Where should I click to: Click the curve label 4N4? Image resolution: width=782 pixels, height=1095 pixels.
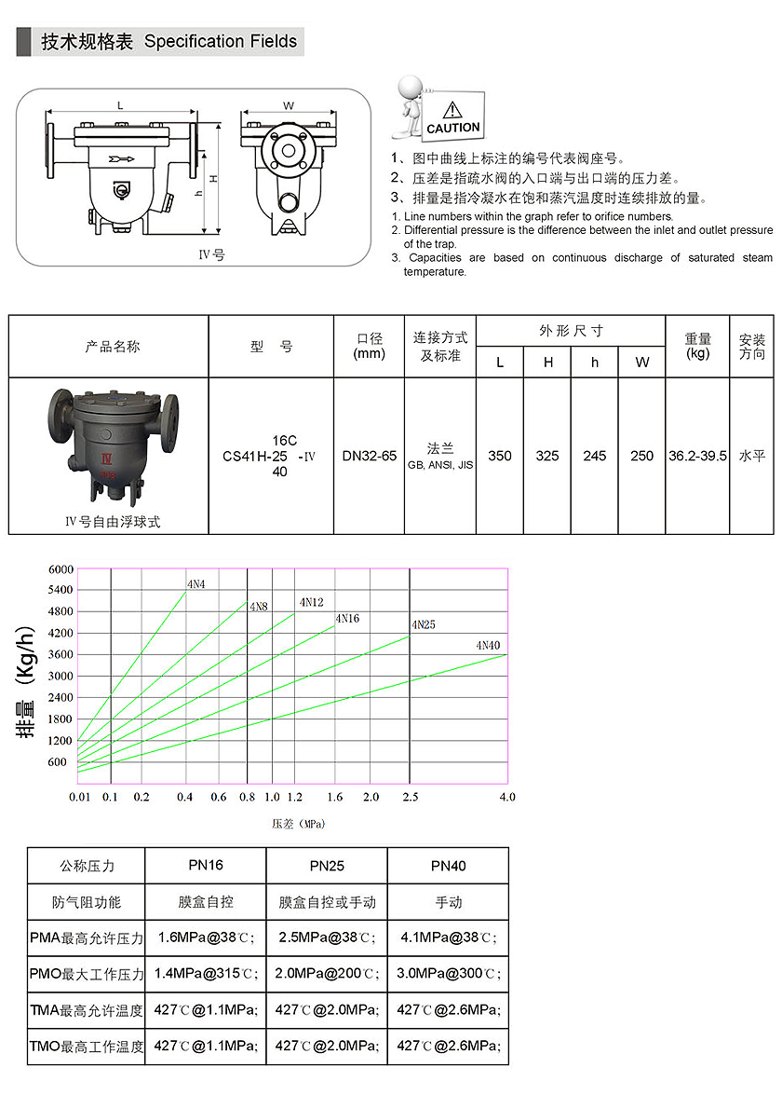pos(196,584)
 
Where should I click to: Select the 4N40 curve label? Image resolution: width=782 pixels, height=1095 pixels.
pos(488,645)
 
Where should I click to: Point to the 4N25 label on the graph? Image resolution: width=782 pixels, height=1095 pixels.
pos(423,624)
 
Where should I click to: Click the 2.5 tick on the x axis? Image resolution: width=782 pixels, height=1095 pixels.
pos(410,797)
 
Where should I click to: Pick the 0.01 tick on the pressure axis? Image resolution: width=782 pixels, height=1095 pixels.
pos(79,797)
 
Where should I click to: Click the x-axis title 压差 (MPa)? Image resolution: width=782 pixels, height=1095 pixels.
pos(298,824)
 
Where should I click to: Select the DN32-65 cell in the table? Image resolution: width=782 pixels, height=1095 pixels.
pos(369,456)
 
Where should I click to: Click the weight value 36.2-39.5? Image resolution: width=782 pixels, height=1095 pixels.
pos(697,456)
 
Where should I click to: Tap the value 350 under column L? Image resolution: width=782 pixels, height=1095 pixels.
pos(500,456)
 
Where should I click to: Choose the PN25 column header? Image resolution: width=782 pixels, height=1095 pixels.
pos(327,866)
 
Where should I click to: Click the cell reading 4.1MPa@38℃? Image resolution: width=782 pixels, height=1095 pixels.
pos(448,938)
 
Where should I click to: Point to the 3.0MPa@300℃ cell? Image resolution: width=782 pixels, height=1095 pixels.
pos(448,974)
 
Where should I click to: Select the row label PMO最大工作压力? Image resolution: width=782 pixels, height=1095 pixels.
pos(87,974)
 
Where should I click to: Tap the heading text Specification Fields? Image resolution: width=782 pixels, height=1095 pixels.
pos(221,41)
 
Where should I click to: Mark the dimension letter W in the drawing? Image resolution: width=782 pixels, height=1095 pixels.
pos(289,105)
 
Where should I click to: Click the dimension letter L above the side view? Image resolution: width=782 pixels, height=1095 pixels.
pos(121,105)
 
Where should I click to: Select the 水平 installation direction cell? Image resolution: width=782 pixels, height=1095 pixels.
pos(751,456)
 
